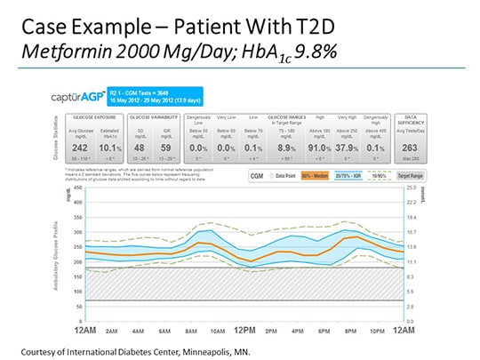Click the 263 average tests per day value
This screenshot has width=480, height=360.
tap(410, 149)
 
